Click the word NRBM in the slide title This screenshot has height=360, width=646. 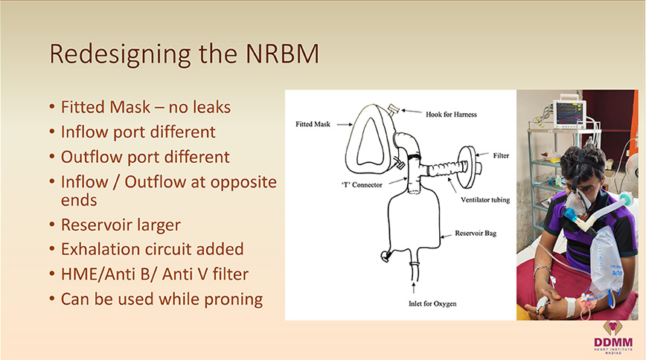282,54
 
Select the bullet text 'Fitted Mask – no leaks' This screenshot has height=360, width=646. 146,107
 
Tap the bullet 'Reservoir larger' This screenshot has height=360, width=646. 121,225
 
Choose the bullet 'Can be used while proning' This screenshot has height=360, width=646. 162,300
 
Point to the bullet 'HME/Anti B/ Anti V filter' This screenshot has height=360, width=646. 155,274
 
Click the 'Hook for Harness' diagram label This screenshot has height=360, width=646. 451,115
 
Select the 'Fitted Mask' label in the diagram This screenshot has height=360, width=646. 313,124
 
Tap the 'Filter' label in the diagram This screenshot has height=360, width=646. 501,155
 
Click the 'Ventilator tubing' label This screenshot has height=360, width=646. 485,200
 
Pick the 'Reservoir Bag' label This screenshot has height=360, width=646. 476,233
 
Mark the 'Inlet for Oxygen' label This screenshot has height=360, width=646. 432,303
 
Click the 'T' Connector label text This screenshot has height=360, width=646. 362,185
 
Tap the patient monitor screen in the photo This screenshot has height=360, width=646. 570,114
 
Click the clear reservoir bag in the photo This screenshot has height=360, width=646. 605,263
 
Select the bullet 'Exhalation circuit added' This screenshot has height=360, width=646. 152,249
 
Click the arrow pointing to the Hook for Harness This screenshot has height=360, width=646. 411,112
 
